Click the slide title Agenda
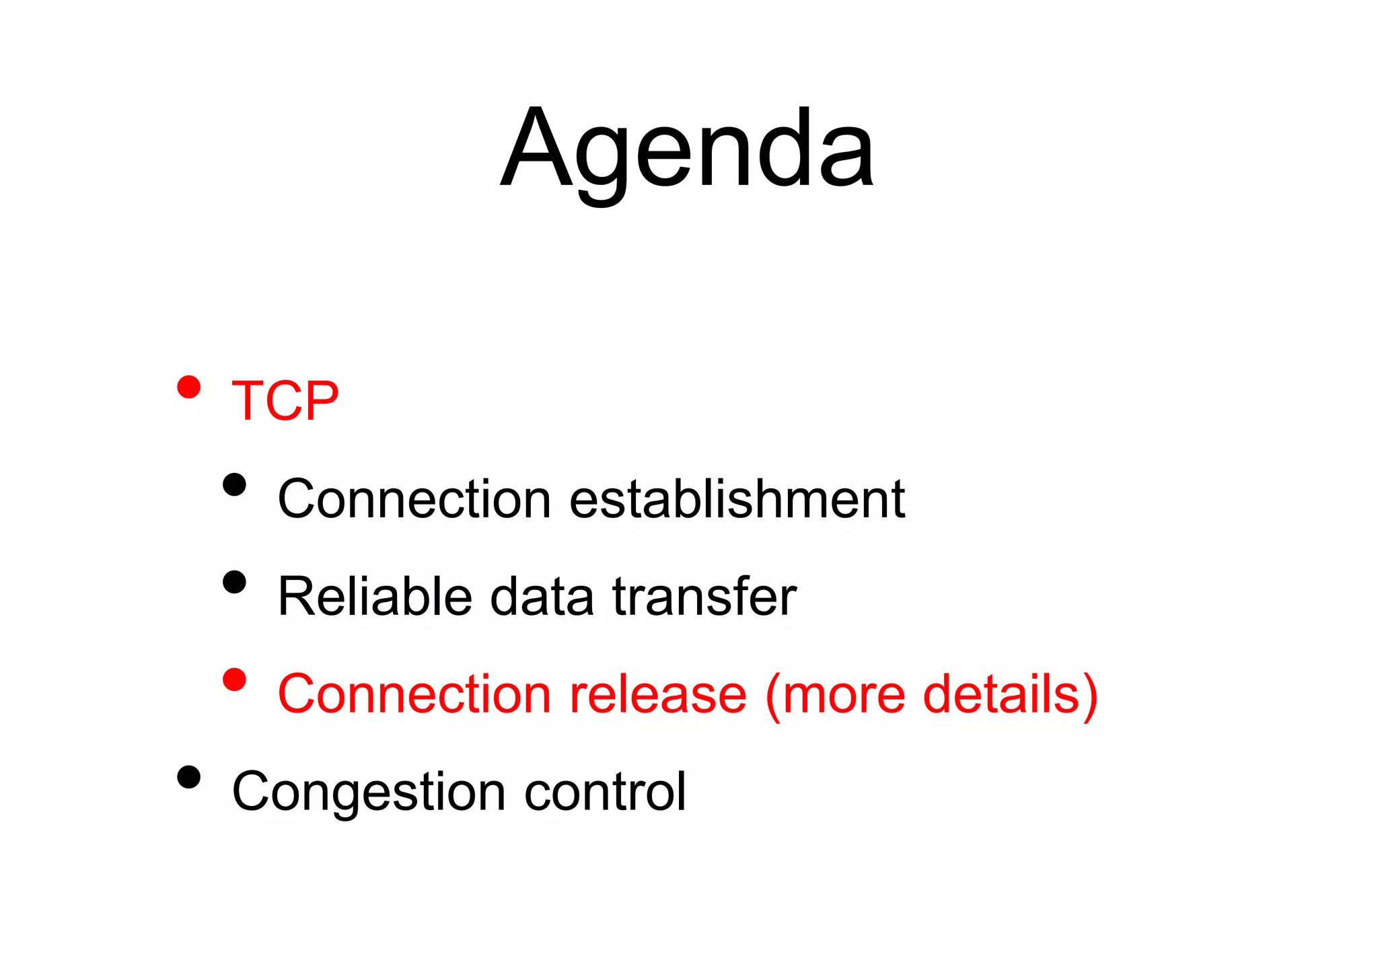[687, 149]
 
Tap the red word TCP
[285, 402]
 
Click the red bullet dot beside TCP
[189, 388]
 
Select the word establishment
[737, 499]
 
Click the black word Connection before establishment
[414, 499]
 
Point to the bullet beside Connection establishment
[234, 484]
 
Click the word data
[542, 597]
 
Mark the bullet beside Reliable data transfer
[234, 582]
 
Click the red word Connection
[414, 694]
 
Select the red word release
[657, 694]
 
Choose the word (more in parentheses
[834, 694]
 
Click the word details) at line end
[1010, 694]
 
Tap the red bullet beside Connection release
[234, 680]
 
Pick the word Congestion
[368, 793]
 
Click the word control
[605, 793]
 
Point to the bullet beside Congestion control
[189, 778]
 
